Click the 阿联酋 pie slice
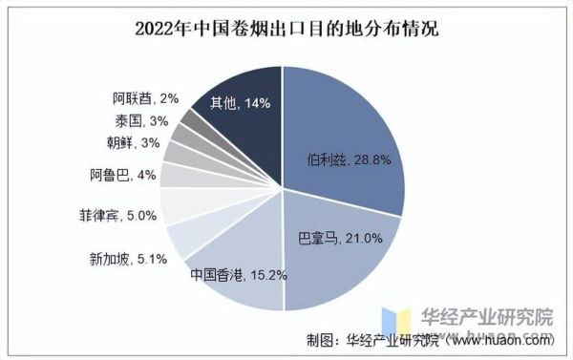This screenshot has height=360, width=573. (x=195, y=120)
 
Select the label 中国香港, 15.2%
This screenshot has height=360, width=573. (x=238, y=276)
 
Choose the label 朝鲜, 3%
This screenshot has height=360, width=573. (x=126, y=143)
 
